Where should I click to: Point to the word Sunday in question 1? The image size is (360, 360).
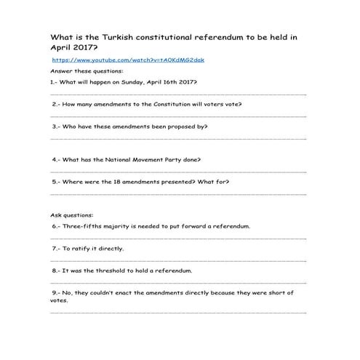(x=143, y=83)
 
